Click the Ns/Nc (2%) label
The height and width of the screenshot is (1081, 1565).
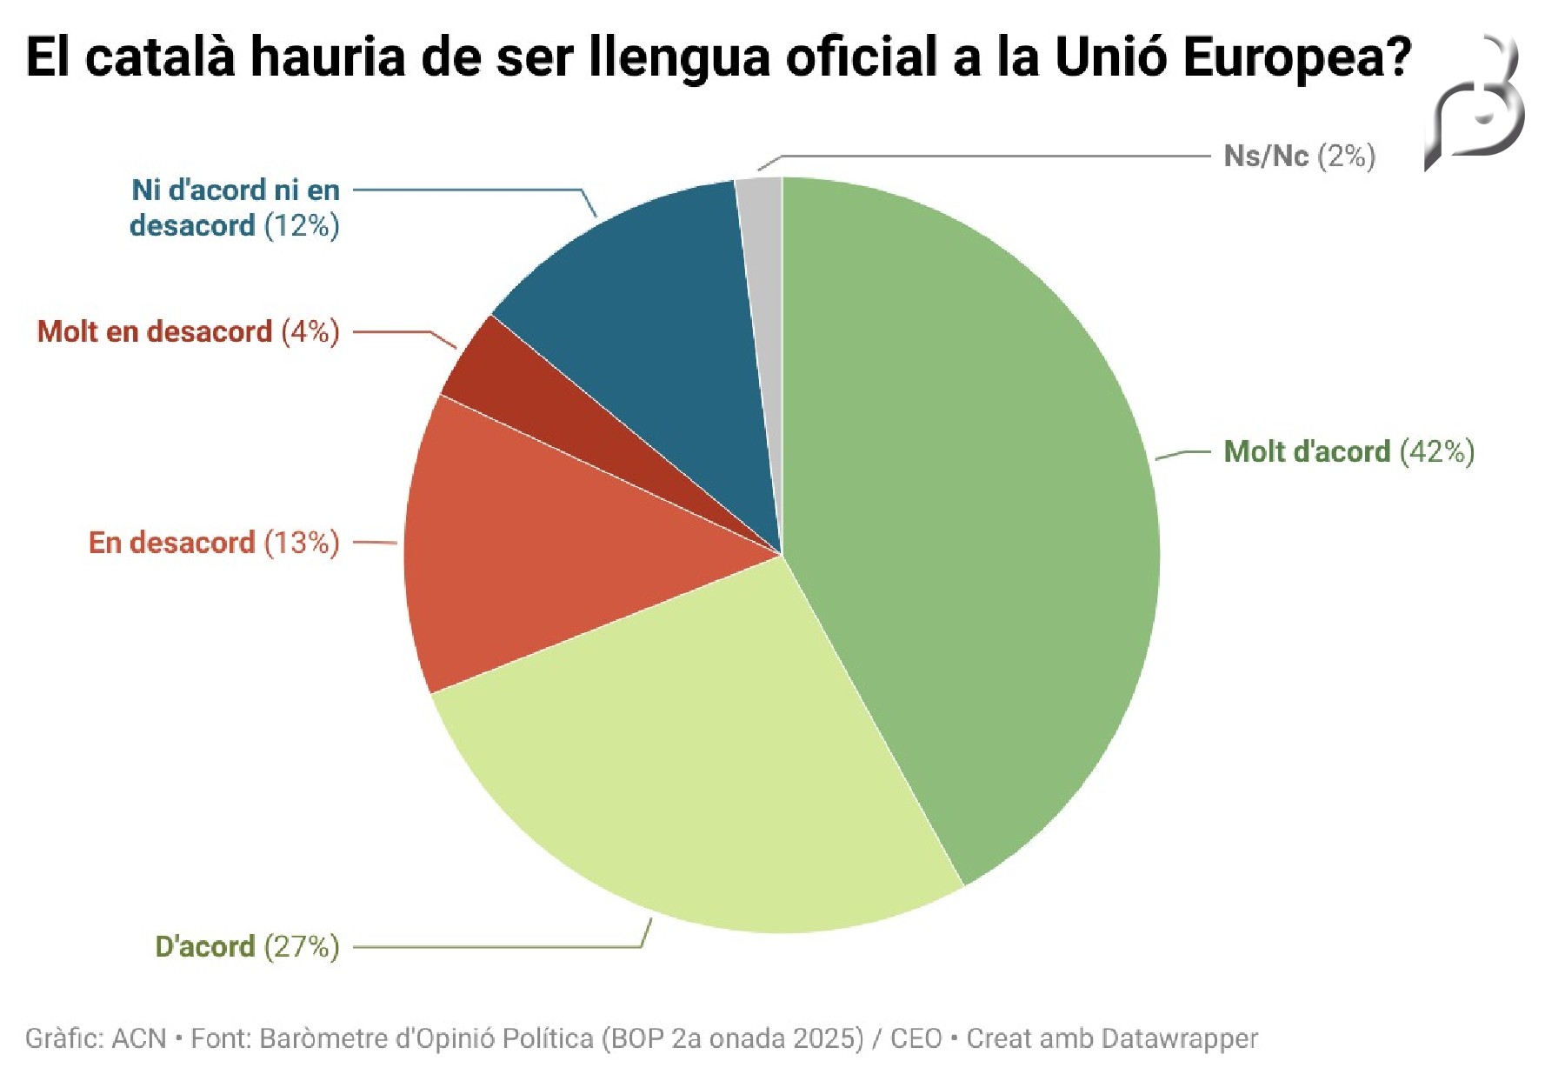click(1299, 157)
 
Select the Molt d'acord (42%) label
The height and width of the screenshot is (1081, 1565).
click(1349, 452)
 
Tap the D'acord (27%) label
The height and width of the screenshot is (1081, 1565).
click(247, 946)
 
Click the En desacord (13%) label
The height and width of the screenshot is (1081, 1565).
click(214, 543)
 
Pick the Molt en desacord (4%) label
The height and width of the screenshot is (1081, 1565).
click(188, 331)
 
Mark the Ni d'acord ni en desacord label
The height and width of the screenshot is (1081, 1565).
click(235, 208)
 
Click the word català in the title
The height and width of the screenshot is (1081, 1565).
click(161, 58)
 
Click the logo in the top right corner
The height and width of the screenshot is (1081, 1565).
click(1475, 104)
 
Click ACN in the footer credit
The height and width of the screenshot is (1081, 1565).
click(139, 1038)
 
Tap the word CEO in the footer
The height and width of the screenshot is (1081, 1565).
click(916, 1038)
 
